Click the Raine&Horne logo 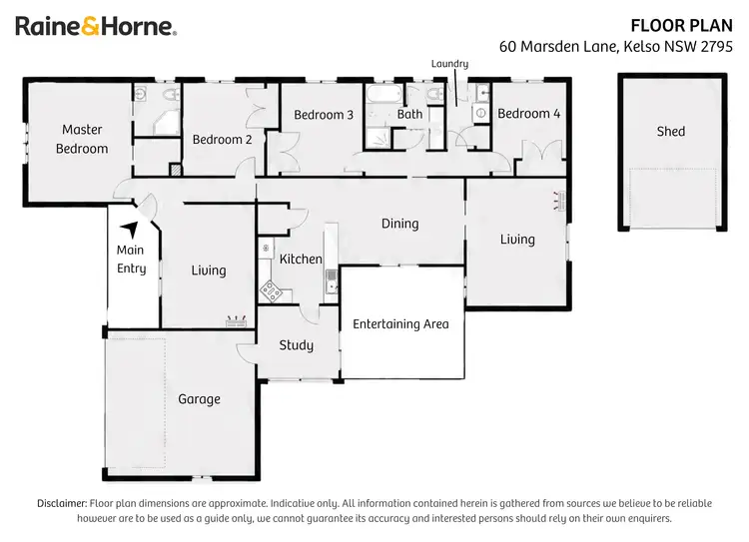[96, 27]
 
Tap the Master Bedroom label [82, 139]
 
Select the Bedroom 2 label [222, 140]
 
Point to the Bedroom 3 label [324, 115]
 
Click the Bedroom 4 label [528, 114]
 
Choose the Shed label [671, 131]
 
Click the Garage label [199, 399]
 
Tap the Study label [296, 345]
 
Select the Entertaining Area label [400, 323]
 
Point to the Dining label [399, 224]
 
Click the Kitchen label [301, 260]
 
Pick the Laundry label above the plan [449, 64]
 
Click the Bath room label [409, 115]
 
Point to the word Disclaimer [62, 503]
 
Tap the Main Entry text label [131, 260]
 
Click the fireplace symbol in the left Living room [237, 321]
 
